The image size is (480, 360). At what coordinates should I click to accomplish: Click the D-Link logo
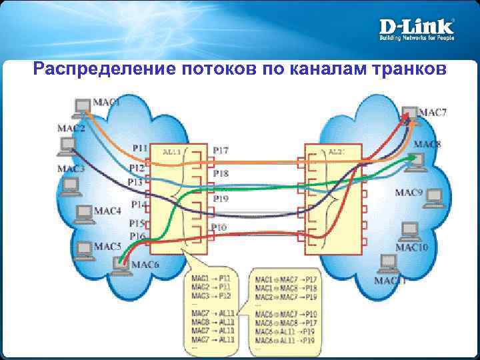point(417,27)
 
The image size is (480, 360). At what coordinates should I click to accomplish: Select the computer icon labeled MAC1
point(82,107)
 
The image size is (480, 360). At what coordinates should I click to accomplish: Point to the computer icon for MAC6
point(121,263)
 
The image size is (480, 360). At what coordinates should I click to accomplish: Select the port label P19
point(221,198)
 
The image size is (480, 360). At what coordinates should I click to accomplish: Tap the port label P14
point(139,205)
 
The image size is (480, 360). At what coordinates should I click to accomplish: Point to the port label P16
point(137,236)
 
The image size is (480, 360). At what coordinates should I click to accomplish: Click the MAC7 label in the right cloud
point(433,112)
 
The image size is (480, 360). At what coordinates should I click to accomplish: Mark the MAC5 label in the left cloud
point(107,247)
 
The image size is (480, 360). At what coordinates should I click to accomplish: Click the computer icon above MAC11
point(385,264)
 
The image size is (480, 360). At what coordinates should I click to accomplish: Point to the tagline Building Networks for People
point(417,38)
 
